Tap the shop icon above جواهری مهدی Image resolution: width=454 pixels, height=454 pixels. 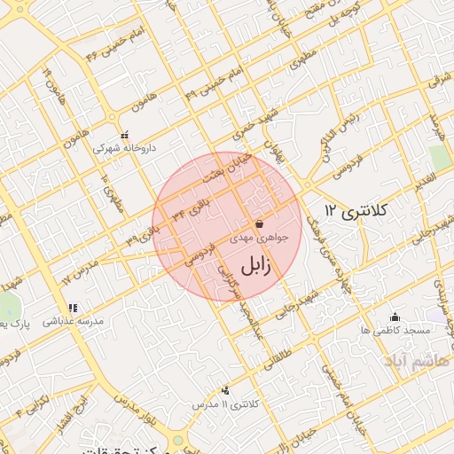click(x=259, y=225)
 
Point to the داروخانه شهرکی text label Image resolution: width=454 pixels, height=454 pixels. click(x=125, y=148)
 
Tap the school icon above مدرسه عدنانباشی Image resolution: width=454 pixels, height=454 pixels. click(x=84, y=309)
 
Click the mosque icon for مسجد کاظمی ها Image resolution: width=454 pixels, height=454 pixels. click(x=395, y=317)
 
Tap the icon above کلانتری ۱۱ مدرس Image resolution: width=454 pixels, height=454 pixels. click(x=224, y=390)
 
